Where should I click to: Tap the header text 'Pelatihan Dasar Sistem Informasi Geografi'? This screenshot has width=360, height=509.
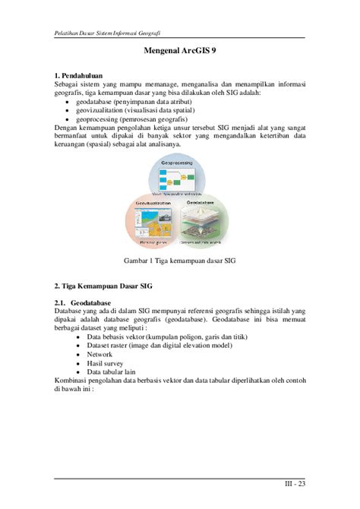[108, 34]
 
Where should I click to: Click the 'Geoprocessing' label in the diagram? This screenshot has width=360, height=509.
[181, 164]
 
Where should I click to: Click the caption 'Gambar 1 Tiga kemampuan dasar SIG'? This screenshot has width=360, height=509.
[181, 261]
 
